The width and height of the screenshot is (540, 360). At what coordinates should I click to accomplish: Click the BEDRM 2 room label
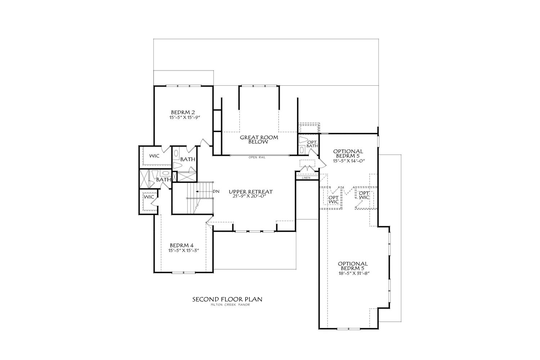183,112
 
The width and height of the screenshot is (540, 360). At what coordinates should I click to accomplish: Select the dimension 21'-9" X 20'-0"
251,197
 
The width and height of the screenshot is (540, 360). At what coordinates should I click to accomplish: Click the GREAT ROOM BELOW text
259,140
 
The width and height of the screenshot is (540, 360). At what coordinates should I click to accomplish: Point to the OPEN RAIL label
257,157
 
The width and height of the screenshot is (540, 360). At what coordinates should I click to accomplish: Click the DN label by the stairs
216,191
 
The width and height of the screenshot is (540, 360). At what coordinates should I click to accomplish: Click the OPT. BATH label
312,144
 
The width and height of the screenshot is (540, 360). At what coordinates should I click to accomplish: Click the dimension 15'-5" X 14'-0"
348,161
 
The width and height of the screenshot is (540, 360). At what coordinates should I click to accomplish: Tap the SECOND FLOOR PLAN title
227,299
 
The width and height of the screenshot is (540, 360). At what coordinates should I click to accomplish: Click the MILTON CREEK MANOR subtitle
230,305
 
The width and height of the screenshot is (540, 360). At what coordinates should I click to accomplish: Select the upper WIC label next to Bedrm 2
154,156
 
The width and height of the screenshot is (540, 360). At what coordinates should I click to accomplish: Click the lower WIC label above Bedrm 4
149,197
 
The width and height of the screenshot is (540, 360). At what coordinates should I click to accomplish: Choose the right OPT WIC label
364,195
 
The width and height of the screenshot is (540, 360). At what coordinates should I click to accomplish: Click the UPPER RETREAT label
251,192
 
